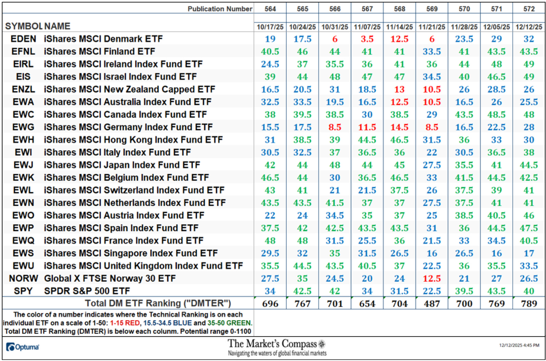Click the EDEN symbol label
23,39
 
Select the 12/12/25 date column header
529,27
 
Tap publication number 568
399,9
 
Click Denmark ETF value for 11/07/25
367,39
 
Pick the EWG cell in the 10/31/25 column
335,127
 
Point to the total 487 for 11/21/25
432,304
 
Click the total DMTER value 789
529,304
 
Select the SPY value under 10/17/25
270,291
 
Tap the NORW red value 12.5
432,278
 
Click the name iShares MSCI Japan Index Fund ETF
122,165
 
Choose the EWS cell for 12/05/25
496,253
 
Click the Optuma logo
23,347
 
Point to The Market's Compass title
272,344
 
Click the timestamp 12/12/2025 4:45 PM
519,345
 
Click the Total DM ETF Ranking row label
158,303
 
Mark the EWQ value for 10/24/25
302,241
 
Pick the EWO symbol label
23,215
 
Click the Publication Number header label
220,9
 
